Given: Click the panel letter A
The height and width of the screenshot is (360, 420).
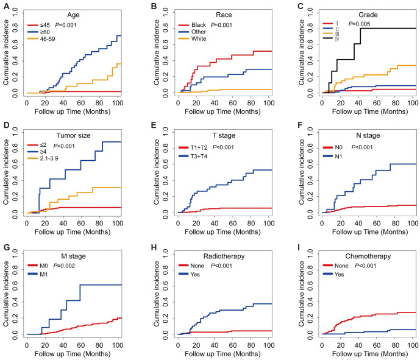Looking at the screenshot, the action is point(6,5).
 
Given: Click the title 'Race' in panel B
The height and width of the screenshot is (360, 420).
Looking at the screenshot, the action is point(224,15).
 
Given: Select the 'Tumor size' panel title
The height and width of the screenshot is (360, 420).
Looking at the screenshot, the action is point(73,135).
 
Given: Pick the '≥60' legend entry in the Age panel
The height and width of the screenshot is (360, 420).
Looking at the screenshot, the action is point(39,32).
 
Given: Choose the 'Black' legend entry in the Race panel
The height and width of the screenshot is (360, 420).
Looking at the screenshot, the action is point(192,25).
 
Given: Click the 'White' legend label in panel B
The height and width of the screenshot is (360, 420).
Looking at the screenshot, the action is point(199,38).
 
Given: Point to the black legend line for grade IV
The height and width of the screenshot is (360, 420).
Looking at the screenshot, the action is point(328,38).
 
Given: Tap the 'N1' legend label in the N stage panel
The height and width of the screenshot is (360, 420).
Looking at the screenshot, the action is point(338,157).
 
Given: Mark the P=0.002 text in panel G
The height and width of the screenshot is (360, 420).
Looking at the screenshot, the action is point(64,266).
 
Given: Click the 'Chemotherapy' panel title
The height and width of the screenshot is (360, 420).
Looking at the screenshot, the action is point(368,256).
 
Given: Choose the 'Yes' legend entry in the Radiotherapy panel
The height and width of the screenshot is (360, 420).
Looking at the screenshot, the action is point(190,274).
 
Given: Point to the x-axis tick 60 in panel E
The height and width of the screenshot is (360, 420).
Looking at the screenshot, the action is point(233,223).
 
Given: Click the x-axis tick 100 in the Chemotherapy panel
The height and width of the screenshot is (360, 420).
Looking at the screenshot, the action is point(413,345).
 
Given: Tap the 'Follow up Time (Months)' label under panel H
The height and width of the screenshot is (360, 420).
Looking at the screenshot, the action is point(222,354).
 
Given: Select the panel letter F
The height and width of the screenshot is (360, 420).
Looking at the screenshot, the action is point(300,125).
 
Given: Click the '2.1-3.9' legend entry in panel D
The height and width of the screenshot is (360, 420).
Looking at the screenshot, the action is point(43,158).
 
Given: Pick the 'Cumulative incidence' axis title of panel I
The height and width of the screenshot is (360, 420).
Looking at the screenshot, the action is point(302,294).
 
